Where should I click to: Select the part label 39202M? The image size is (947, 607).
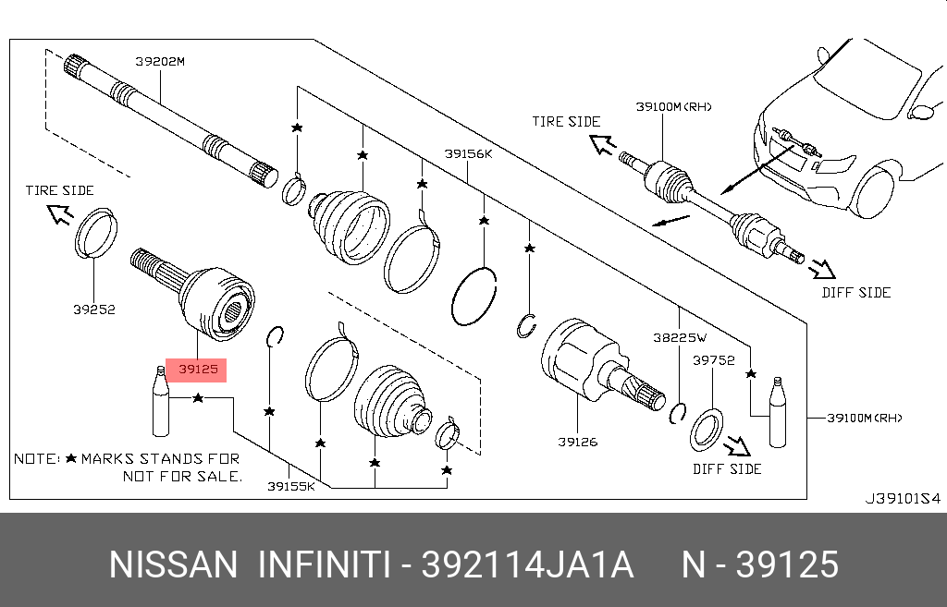click(x=160, y=62)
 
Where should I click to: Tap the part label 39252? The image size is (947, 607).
click(x=94, y=310)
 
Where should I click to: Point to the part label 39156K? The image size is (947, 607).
click(x=468, y=154)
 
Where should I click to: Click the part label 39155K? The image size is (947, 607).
click(x=290, y=486)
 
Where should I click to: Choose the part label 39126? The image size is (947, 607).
click(x=577, y=442)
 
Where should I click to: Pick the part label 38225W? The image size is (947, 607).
click(x=685, y=339)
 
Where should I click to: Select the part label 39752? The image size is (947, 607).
click(x=714, y=361)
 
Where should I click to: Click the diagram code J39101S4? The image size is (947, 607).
click(x=902, y=498)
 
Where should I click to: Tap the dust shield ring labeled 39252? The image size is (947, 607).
click(x=95, y=232)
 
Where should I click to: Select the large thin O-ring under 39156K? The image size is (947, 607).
click(x=474, y=296)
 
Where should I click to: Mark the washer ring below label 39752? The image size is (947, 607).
click(x=707, y=429)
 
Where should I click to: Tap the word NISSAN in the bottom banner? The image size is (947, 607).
click(x=173, y=565)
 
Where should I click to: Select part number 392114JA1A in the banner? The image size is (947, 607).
click(x=527, y=565)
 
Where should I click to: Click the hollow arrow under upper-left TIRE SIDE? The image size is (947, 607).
click(x=60, y=215)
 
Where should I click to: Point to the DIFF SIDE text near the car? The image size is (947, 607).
click(x=855, y=292)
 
